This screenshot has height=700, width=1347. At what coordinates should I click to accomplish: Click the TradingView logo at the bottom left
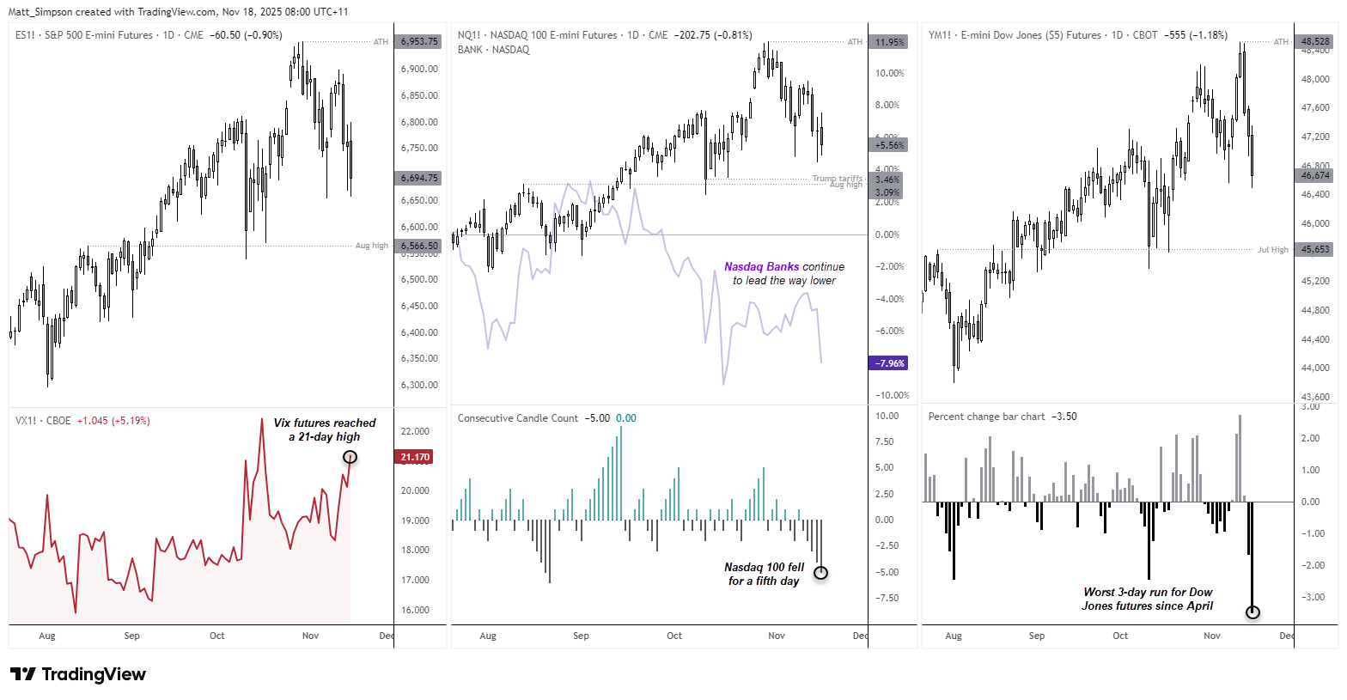[78, 674]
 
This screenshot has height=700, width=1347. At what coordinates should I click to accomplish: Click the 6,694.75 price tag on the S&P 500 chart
[418, 178]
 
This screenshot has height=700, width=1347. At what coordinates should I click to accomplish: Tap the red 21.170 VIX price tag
[415, 457]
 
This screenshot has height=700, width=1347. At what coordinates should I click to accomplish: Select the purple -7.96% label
[889, 363]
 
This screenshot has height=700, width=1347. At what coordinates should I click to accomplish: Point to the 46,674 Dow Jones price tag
[1315, 175]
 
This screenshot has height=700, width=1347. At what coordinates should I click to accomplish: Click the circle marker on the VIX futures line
[350, 457]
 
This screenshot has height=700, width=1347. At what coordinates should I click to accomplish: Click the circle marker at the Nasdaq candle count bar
[820, 573]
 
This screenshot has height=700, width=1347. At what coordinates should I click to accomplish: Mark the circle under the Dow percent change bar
[1253, 612]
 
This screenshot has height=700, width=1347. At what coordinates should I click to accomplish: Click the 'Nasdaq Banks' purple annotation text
[761, 267]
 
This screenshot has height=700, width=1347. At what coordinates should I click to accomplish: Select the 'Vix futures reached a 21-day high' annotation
[325, 429]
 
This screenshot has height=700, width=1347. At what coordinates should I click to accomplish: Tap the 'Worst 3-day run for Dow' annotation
[1148, 599]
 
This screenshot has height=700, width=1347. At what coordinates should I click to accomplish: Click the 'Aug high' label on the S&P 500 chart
[372, 246]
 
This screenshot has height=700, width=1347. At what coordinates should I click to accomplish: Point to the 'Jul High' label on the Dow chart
[1273, 250]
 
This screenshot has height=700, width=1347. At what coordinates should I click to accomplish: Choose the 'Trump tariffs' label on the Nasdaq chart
[837, 178]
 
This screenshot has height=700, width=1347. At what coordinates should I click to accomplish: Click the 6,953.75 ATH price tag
[418, 41]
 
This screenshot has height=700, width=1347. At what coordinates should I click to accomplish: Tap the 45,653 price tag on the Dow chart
[1315, 250]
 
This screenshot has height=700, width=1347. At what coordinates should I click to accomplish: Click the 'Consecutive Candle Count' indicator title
[518, 418]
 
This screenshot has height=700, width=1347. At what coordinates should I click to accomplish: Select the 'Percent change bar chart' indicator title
[986, 417]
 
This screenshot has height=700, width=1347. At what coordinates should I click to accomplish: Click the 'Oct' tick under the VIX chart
[217, 636]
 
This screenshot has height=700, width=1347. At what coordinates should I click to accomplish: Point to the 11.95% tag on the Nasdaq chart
[889, 42]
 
